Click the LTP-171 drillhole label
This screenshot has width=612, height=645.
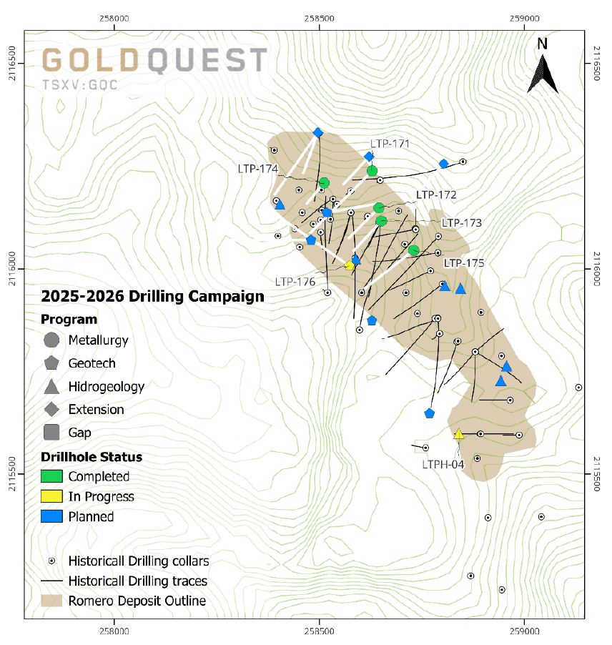[390, 144]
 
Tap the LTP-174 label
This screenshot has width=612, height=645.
[257, 169]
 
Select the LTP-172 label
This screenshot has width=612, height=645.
[436, 195]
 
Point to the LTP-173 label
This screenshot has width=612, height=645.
[461, 223]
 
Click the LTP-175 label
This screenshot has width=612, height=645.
[464, 263]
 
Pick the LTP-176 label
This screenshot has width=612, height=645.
[295, 282]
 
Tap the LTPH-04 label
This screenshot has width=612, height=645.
[443, 464]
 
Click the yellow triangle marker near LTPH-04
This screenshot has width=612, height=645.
[459, 434]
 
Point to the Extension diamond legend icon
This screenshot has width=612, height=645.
[51, 410]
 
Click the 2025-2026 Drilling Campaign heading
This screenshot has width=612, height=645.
[152, 296]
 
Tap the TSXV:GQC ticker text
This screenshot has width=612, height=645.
[80, 84]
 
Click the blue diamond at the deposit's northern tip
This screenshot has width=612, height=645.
[318, 132]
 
